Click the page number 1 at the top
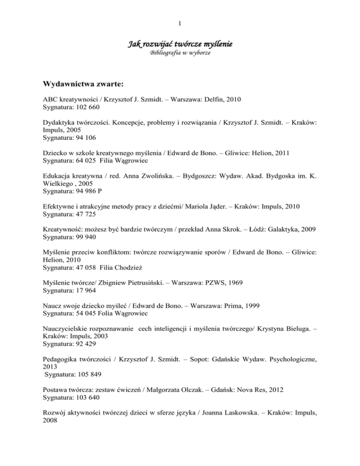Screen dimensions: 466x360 180,22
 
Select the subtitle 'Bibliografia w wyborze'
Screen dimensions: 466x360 180,54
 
